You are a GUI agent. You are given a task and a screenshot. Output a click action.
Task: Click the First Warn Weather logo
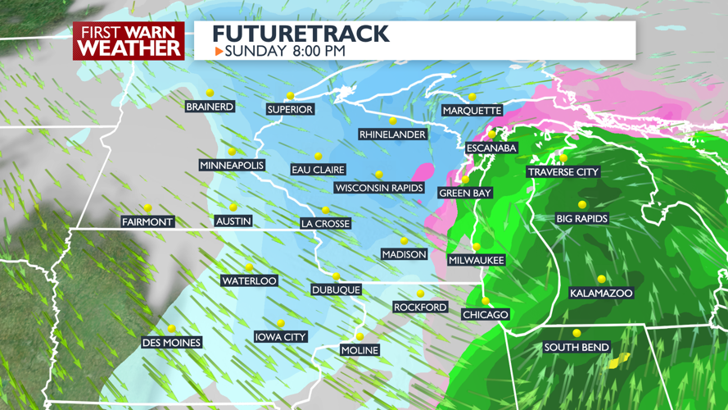[129, 40]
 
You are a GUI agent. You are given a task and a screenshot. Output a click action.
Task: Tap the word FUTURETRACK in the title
[301, 34]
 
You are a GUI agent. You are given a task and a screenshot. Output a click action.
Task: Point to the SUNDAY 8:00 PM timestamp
[285, 51]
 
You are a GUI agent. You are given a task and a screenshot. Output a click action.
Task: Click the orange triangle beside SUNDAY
[219, 51]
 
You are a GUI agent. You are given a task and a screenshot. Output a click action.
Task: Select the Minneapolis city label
[232, 166]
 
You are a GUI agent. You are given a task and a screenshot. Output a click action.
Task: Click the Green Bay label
[465, 193]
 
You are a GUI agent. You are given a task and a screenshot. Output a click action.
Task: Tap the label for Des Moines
[171, 342]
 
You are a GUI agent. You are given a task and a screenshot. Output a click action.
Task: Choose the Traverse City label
[563, 172]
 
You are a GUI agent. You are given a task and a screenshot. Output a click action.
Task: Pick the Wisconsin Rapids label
[379, 188]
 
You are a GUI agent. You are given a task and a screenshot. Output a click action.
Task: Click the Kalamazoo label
[601, 293]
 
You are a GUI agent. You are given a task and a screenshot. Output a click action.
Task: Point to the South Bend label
[577, 347]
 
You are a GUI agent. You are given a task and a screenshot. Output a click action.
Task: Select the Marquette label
[472, 111]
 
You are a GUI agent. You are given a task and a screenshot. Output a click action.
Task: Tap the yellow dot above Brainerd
[210, 93]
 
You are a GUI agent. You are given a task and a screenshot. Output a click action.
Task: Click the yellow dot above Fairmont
[147, 208]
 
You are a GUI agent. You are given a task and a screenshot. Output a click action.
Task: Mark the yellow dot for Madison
[404, 241]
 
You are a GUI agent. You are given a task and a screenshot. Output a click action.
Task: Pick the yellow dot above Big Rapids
[582, 205]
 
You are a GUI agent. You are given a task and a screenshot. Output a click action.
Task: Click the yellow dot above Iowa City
[280, 323]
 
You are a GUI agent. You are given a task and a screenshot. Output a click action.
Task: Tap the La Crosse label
[325, 223]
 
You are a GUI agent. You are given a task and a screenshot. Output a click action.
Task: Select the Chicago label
[486, 314]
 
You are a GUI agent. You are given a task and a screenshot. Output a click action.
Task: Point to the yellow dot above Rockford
[420, 294]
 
